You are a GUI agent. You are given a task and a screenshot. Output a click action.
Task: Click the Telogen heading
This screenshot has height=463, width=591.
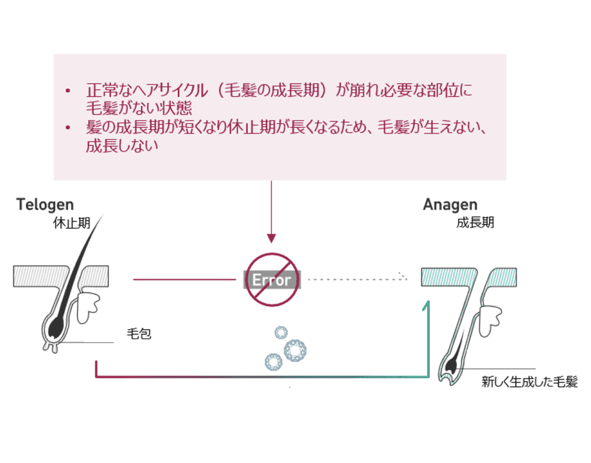click(x=45, y=205)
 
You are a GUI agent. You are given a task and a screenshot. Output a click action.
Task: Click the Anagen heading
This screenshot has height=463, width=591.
click(x=450, y=205)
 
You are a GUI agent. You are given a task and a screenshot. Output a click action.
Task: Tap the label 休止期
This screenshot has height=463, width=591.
click(x=71, y=224)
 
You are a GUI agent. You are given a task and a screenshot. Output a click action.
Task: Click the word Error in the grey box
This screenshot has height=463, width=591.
click(x=271, y=280)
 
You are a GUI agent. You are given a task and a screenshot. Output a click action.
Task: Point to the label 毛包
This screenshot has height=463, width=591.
click(x=139, y=334)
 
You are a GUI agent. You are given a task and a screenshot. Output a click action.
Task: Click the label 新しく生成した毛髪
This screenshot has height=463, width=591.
click(x=529, y=382)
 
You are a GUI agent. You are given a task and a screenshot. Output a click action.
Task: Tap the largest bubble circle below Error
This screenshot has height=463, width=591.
click(x=295, y=350)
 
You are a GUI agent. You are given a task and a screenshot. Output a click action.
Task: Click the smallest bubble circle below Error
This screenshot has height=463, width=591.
click(x=280, y=332)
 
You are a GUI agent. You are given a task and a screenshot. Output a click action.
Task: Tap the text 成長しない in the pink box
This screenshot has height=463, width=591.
click(x=122, y=146)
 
